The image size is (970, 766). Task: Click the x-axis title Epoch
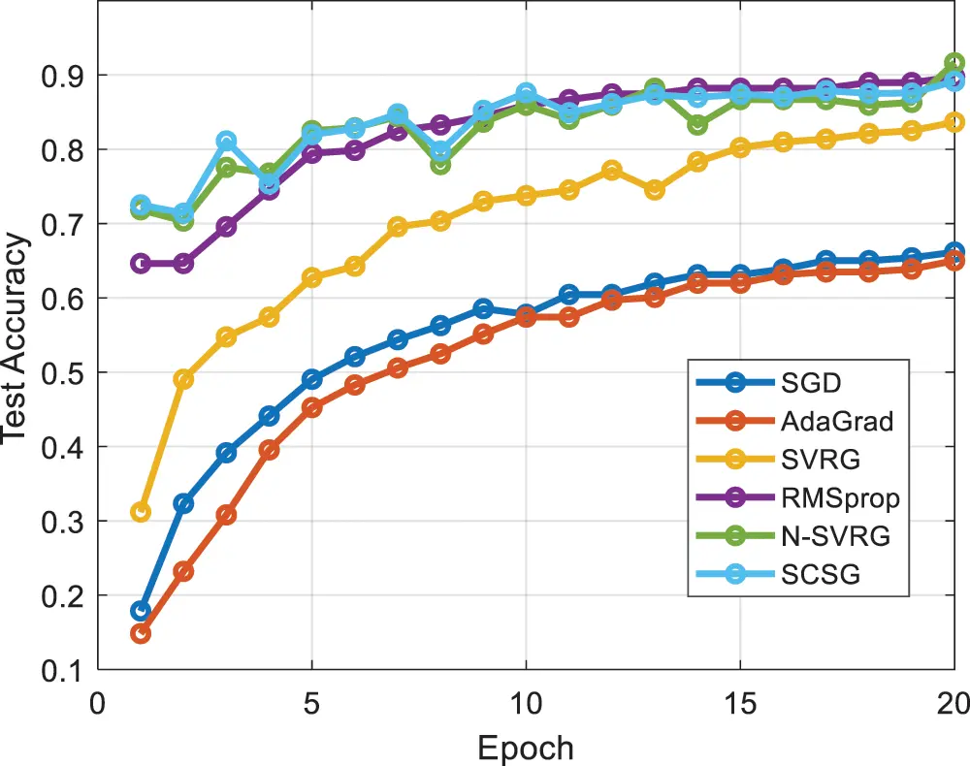[525, 748]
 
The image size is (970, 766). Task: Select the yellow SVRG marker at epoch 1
[141, 512]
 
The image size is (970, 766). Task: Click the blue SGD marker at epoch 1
[141, 611]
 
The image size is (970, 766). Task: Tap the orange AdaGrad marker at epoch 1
[141, 633]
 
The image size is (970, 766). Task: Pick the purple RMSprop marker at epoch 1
[141, 263]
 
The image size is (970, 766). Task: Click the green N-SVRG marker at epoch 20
[954, 63]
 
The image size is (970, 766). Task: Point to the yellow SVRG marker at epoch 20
[954, 122]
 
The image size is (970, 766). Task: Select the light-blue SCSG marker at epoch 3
[226, 142]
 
